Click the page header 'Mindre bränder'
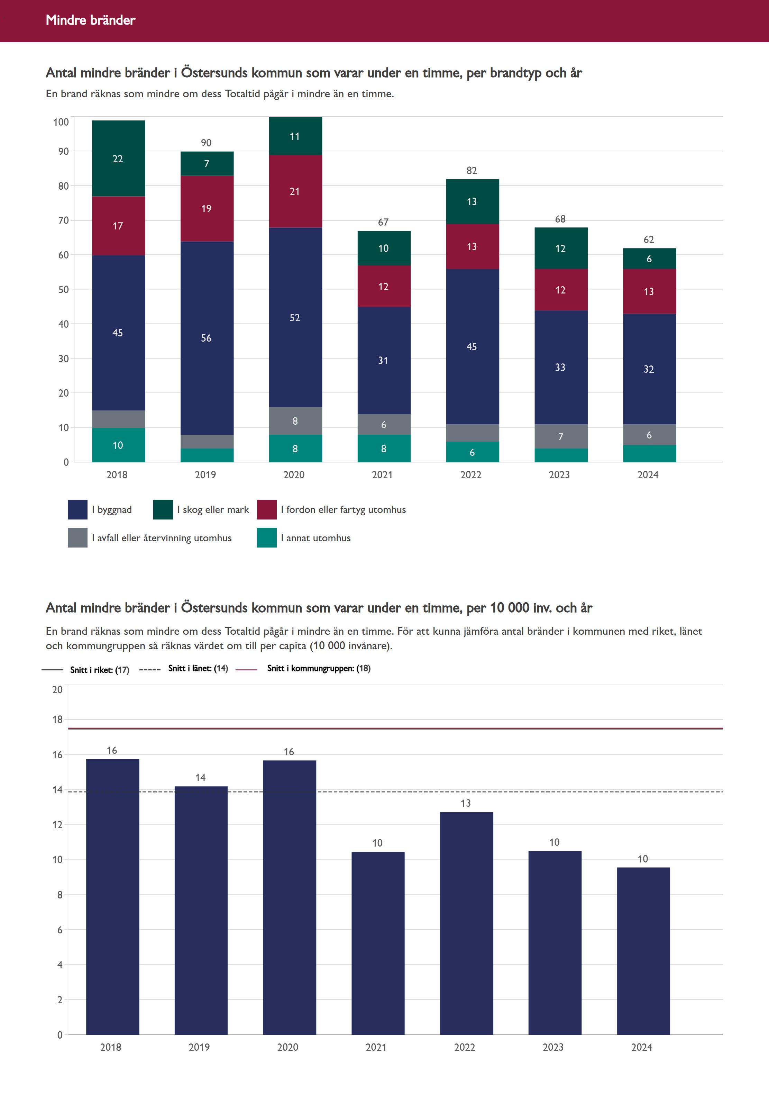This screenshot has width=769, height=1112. (x=91, y=20)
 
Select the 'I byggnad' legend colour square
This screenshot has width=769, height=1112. (x=77, y=509)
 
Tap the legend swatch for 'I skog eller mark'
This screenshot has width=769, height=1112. (x=163, y=509)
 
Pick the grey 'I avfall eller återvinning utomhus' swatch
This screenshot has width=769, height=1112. (x=77, y=538)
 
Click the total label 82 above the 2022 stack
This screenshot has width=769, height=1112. (x=472, y=171)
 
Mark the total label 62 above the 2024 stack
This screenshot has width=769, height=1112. (x=649, y=239)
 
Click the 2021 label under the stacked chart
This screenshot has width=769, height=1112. (x=382, y=475)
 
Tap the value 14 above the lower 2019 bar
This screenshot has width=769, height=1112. (x=200, y=777)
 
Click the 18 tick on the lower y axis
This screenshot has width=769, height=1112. (x=57, y=720)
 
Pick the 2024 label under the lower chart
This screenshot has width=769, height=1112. (x=641, y=1047)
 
